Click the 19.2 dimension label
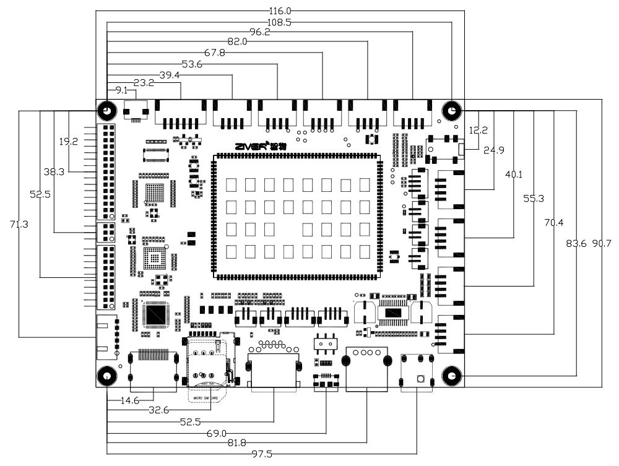point(68,142)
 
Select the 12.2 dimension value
point(478,131)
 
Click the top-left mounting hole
point(106,111)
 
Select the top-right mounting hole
point(451,111)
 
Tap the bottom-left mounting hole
point(106,375)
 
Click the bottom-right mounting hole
point(452,375)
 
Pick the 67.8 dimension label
point(216,53)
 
